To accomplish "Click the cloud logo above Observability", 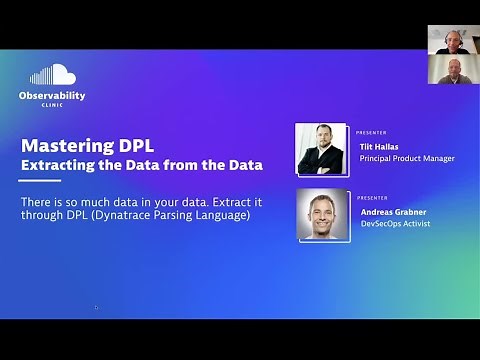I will (53, 75).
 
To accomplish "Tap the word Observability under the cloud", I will (52, 95).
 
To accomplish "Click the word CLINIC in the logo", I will (52, 105).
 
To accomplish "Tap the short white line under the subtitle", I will (40, 181).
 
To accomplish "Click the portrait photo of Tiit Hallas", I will (322, 150).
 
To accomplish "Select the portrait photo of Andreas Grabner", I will (322, 215).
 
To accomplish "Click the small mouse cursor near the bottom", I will (97, 308).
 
